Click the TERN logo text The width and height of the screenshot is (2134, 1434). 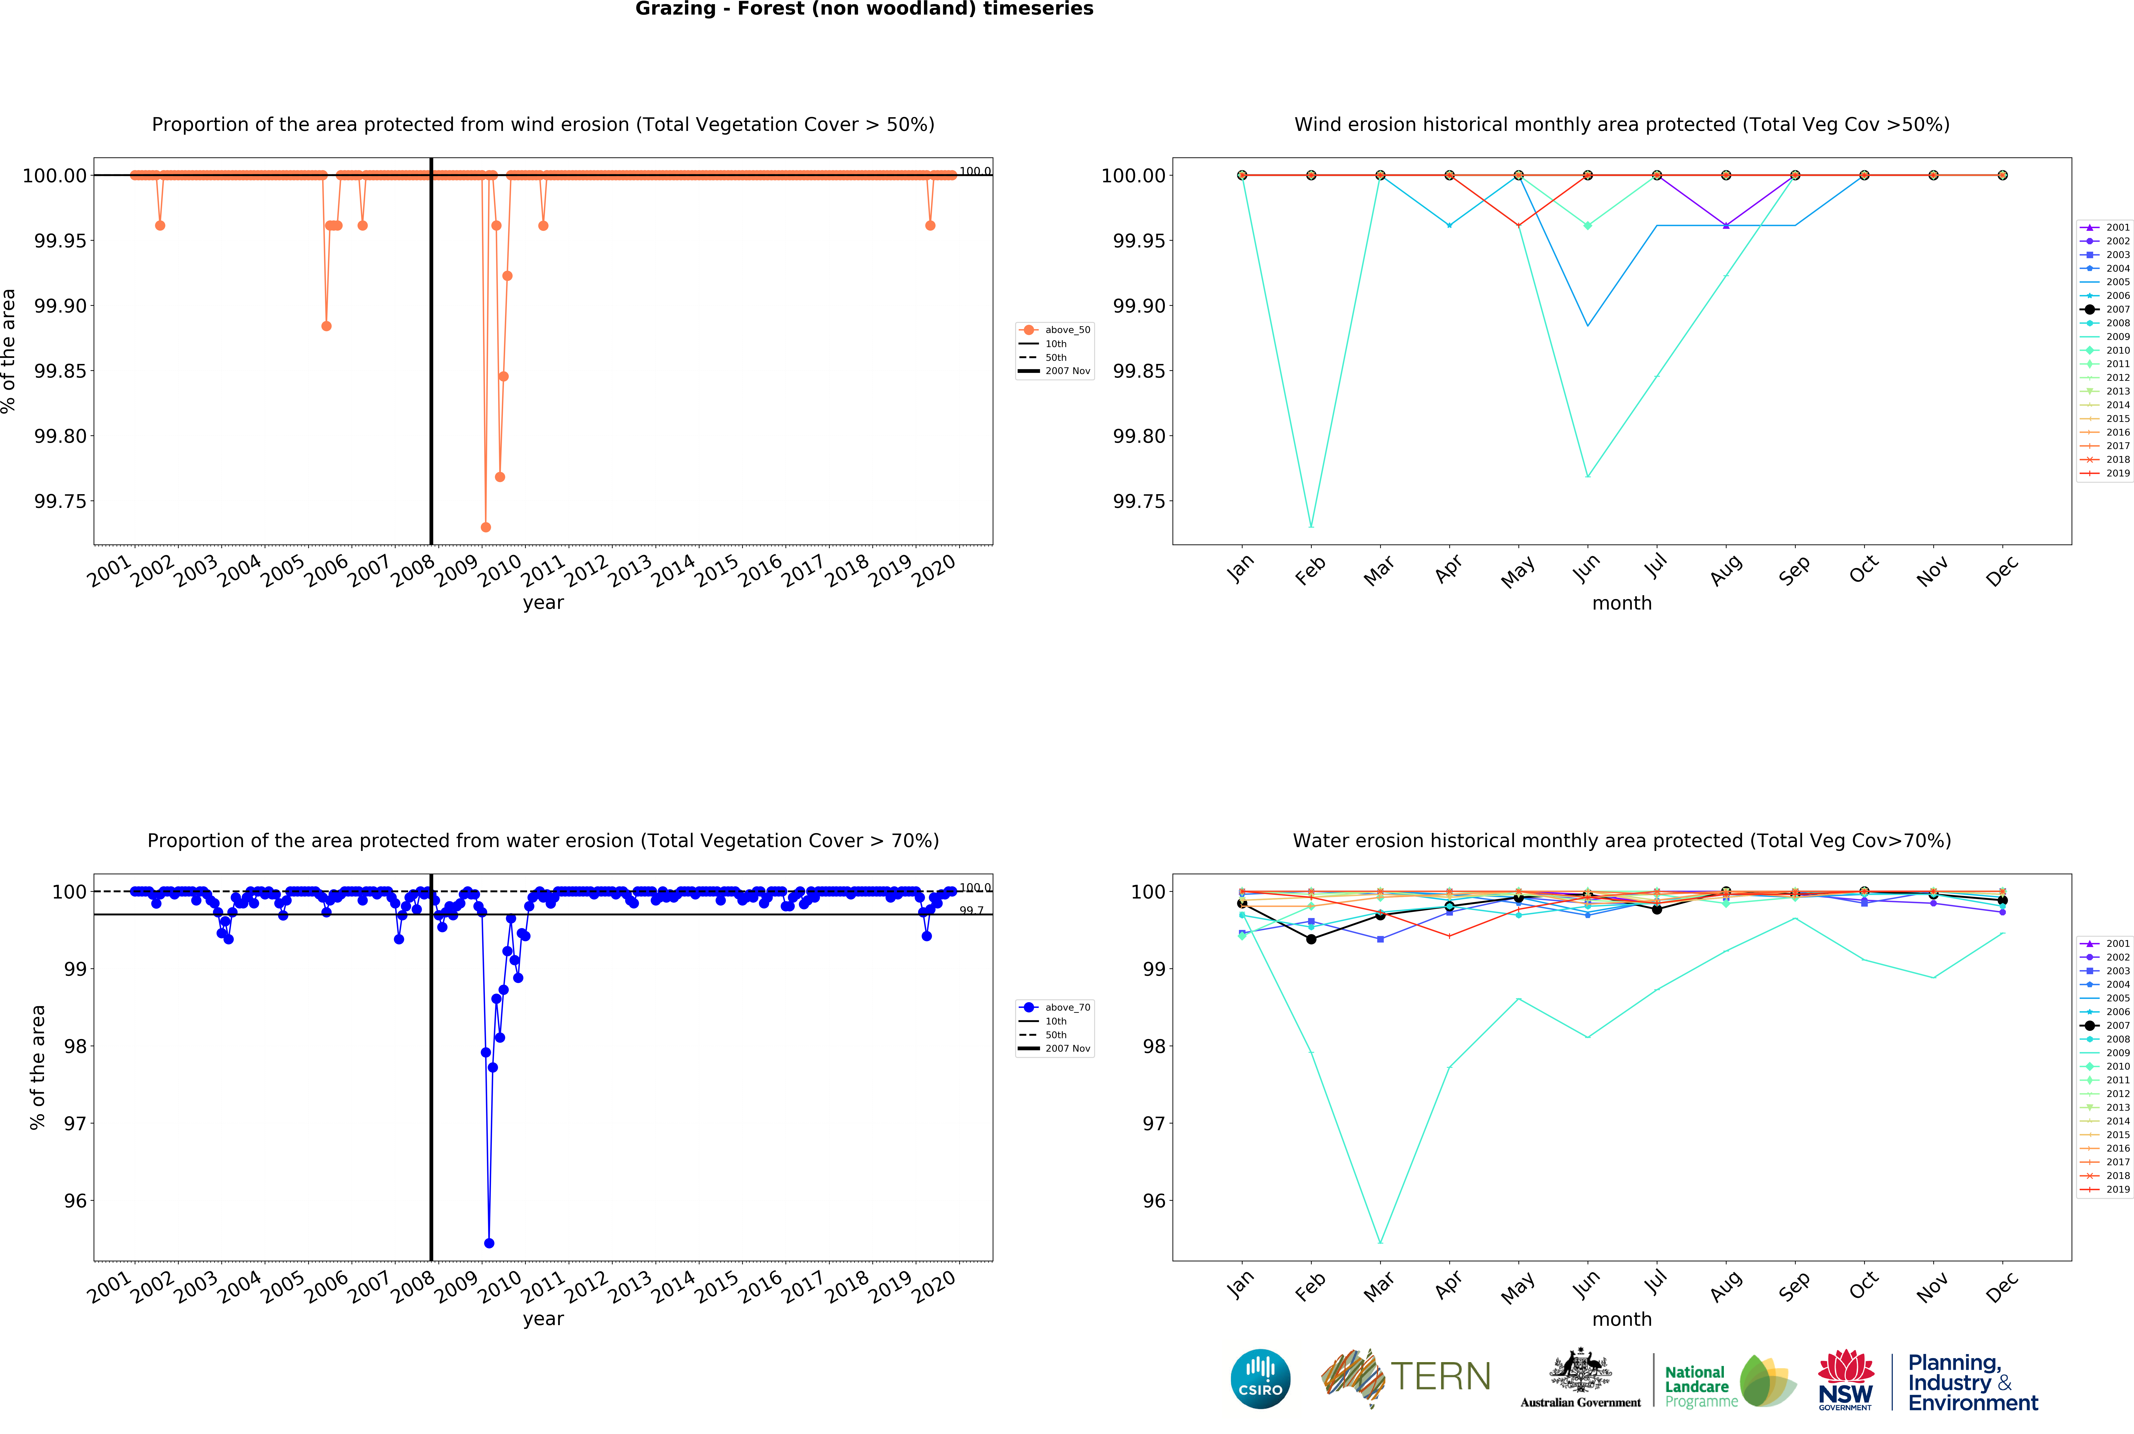pos(1440,1376)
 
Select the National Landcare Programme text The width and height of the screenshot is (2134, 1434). pos(1699,1386)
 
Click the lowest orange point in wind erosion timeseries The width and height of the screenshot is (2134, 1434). pos(486,528)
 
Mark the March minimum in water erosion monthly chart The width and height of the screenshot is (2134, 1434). pos(1380,1242)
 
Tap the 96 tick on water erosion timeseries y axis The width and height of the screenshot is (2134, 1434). pos(75,1201)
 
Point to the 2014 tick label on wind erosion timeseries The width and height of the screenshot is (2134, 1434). pos(674,571)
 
